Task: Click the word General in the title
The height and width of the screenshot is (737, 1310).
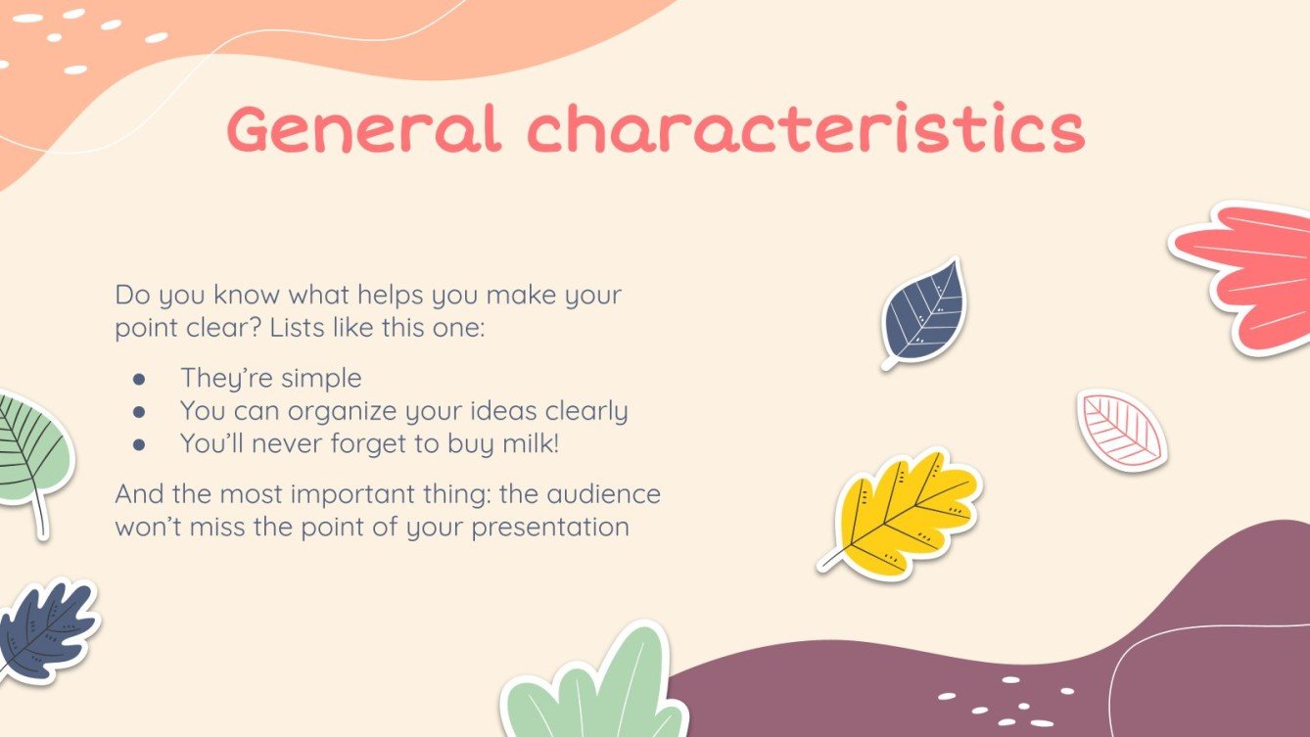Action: pos(364,130)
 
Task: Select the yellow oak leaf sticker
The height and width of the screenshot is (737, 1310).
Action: pos(906,509)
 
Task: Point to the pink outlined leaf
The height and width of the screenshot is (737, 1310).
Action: pos(1122,430)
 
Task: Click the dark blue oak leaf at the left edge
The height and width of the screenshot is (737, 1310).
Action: pos(44,629)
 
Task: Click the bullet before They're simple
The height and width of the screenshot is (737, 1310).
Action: pos(139,379)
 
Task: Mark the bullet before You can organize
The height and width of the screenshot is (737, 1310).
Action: pos(139,412)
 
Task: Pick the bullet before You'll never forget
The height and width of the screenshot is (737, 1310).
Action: pos(139,444)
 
